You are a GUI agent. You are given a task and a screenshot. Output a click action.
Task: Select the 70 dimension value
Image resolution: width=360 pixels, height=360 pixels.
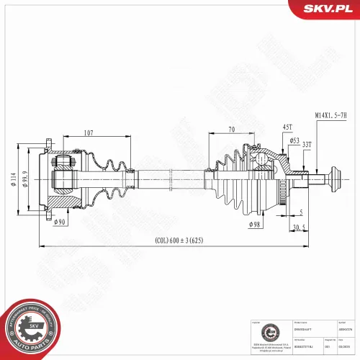point(233,130)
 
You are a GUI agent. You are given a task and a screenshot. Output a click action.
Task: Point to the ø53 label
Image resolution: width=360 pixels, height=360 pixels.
point(274,141)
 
